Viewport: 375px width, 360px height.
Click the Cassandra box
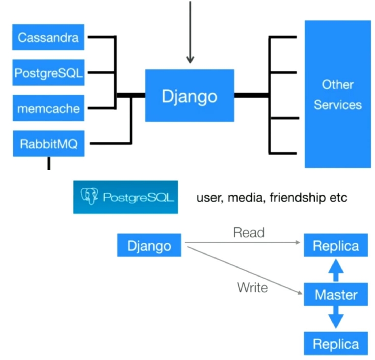click(x=49, y=37)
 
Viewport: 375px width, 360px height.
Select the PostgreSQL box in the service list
click(x=49, y=73)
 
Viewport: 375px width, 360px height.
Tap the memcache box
click(x=49, y=108)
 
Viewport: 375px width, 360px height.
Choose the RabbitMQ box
click(x=49, y=144)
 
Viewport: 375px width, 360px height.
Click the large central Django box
click(x=189, y=96)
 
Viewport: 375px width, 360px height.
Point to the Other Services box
click(x=338, y=94)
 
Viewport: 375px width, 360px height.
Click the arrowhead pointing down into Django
click(x=190, y=59)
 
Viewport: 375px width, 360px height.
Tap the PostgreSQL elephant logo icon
click(x=90, y=197)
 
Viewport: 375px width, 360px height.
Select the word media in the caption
click(x=249, y=198)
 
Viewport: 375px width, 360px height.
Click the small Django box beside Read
click(x=149, y=245)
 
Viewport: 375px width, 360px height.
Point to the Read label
click(x=248, y=232)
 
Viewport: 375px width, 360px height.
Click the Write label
click(x=252, y=287)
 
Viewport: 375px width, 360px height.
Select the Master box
click(x=336, y=295)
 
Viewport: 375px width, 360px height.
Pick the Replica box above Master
click(x=336, y=246)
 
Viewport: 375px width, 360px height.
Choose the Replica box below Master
click(x=336, y=343)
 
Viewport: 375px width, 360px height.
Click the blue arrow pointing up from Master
click(x=336, y=270)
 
